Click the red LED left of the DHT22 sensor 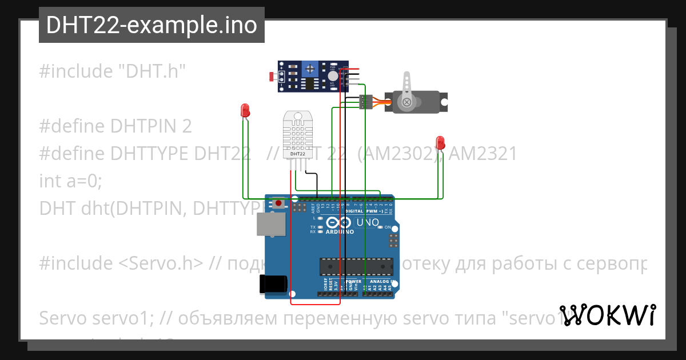click(245, 110)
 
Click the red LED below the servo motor click(440, 142)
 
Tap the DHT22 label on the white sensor click(298, 154)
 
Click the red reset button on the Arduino click(278, 203)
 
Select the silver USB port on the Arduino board click(270, 224)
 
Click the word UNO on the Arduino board click(368, 222)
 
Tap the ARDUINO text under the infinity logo click(340, 232)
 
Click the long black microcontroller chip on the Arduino click(356, 266)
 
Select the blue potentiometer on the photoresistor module click(310, 69)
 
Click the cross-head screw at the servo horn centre click(406, 102)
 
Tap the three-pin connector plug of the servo click(365, 102)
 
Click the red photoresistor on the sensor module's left click(273, 75)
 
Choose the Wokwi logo click(607, 315)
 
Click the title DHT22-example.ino click(151, 25)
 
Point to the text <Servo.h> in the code click(162, 263)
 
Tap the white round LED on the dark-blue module click(333, 75)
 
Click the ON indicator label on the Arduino click(387, 227)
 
